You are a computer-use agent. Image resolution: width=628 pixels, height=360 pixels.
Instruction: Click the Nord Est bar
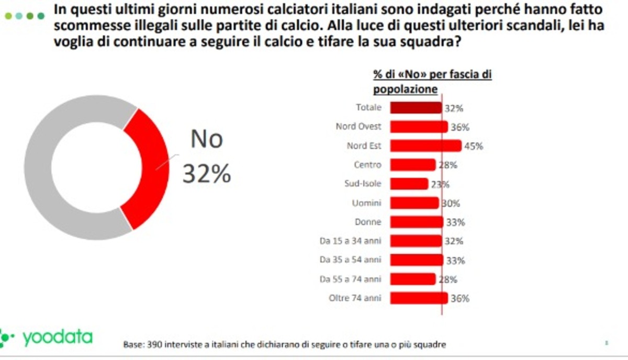[425, 145]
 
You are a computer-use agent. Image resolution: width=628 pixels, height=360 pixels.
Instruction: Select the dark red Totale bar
[416, 108]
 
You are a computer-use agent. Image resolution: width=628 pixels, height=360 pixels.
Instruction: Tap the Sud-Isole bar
[409, 184]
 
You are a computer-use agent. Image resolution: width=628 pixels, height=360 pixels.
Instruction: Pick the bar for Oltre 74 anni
[419, 298]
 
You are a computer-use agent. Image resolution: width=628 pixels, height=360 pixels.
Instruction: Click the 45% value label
[473, 147]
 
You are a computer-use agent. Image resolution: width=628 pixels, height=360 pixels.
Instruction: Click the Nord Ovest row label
[358, 127]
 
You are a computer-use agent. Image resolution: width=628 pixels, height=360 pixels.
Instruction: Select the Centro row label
[367, 165]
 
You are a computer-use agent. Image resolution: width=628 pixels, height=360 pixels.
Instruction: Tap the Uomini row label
[367, 203]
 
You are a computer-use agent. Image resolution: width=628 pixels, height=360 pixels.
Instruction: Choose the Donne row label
[368, 222]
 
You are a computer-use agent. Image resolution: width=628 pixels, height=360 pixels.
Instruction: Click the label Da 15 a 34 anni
[350, 241]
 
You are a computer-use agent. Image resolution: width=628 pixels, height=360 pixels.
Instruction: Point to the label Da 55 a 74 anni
[350, 279]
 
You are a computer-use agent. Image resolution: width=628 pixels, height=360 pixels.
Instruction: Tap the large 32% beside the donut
[206, 174]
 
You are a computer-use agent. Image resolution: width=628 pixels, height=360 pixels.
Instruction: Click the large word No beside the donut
[206, 140]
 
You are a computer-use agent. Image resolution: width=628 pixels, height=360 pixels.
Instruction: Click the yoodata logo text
[57, 337]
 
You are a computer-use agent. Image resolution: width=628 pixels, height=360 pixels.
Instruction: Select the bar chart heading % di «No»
[402, 75]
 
